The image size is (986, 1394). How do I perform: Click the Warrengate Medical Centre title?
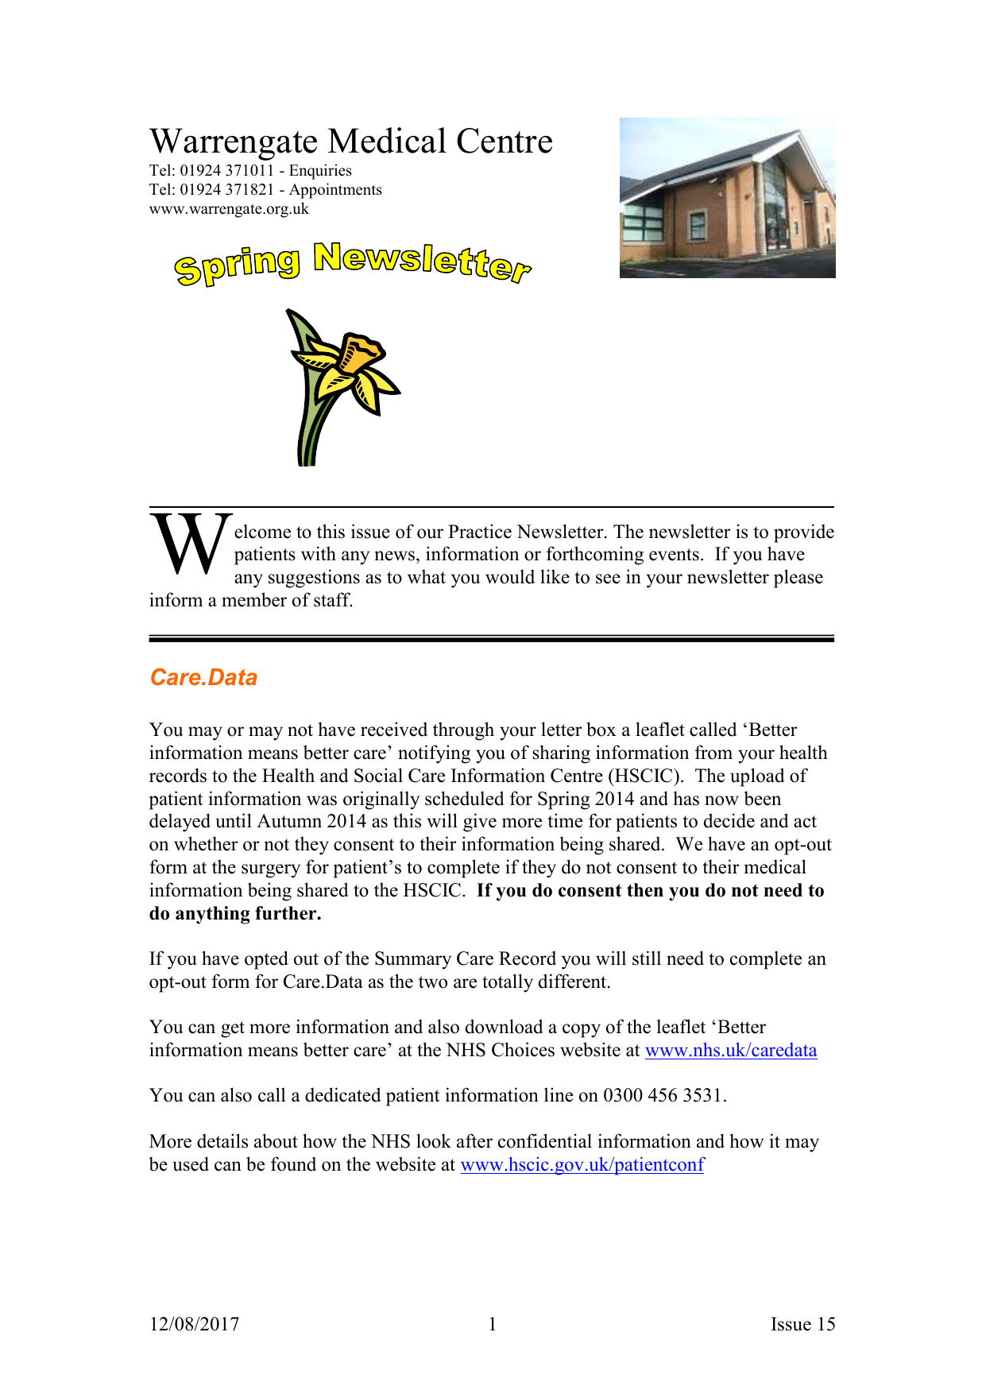pos(350,142)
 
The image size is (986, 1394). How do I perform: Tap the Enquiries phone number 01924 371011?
pos(226,171)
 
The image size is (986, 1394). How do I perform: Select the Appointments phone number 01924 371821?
pos(226,190)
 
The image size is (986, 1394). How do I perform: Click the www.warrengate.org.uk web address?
pos(229,209)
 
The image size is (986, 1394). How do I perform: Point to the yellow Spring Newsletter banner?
pos(352,263)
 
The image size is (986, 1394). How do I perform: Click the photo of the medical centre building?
pos(727,198)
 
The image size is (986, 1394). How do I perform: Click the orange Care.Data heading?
pos(203,677)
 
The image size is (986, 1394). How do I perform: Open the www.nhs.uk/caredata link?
pos(730,1051)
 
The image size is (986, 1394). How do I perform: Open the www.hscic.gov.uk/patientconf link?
pos(582,1165)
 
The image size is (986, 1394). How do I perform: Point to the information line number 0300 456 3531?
pos(663,1096)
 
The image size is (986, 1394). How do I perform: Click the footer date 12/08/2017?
pos(194,1324)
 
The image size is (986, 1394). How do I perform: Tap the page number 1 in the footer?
pos(493,1324)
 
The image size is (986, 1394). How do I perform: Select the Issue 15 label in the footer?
pos(802,1324)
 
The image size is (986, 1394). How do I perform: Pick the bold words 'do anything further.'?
pos(235,914)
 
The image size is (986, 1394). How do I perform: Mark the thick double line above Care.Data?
pos(491,638)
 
